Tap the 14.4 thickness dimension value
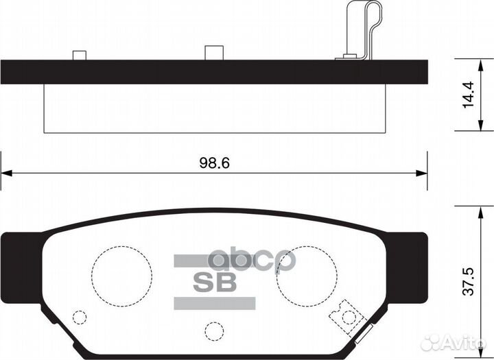470,95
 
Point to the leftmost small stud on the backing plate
79,55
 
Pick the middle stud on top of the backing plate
214,53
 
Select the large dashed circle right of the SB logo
306,276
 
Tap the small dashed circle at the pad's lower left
80,317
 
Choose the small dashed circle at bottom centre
214,331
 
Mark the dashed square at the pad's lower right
346,315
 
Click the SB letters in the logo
213,281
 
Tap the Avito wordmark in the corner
462,341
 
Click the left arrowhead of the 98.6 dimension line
5,173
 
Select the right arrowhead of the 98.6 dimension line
422,173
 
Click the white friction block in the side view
213,108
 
